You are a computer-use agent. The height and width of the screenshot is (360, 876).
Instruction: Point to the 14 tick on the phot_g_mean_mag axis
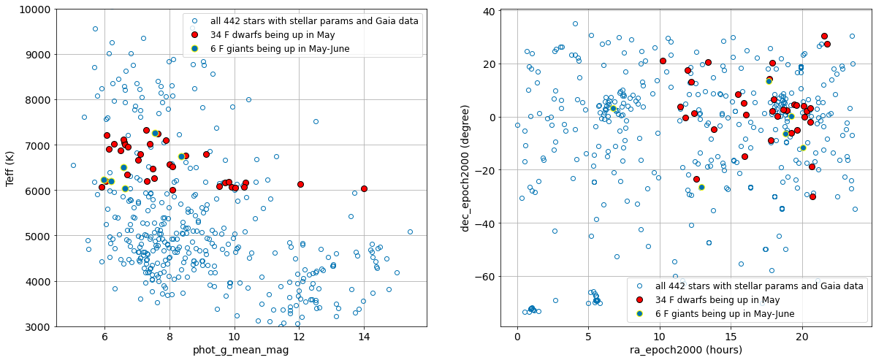pyautogui.click(x=364, y=336)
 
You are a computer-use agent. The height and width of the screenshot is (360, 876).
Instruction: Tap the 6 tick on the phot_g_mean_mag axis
pyautogui.click(x=104, y=336)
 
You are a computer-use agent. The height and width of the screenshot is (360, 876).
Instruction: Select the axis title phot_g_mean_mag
pyautogui.click(x=240, y=350)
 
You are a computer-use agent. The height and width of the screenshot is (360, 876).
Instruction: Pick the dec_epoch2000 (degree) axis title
pyautogui.click(x=465, y=167)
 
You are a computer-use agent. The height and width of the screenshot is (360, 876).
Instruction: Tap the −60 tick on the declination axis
pyautogui.click(x=485, y=277)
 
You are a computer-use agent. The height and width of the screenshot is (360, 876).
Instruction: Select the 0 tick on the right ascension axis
pyautogui.click(x=517, y=336)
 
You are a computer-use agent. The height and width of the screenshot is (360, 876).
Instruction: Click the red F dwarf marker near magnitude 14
pyautogui.click(x=364, y=188)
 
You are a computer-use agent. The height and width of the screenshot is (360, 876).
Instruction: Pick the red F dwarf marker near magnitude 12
pyautogui.click(x=300, y=184)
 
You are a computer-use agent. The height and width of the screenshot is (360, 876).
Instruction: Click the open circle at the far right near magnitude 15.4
pyautogui.click(x=410, y=231)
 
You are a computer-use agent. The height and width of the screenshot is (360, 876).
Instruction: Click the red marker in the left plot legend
pyautogui.click(x=194, y=35)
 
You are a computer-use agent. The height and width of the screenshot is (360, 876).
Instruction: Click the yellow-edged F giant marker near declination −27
pyautogui.click(x=701, y=187)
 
